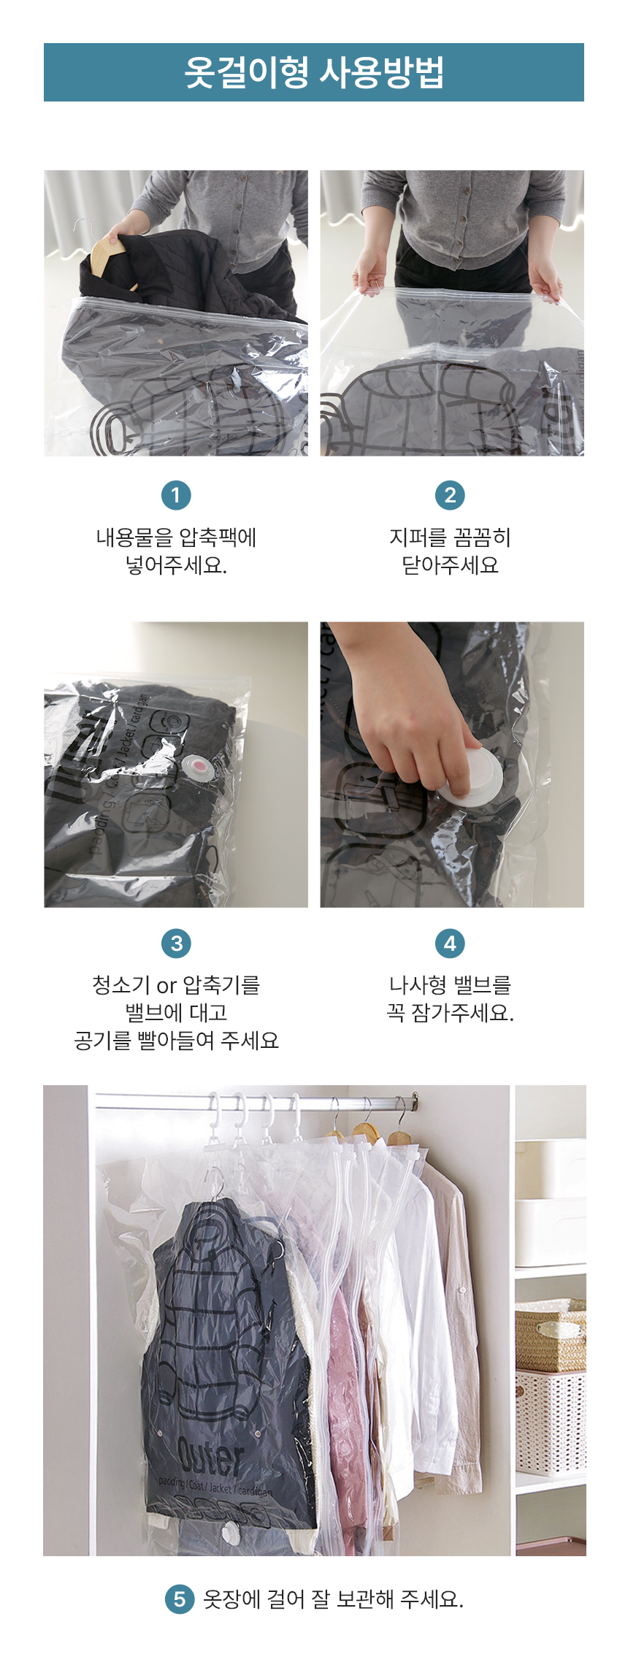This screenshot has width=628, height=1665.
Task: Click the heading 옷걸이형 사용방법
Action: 314,72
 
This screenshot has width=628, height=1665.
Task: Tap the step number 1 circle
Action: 176,495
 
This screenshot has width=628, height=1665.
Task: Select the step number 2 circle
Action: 450,495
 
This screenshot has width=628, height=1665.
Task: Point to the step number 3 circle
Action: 176,943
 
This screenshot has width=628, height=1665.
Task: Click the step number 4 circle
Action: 450,943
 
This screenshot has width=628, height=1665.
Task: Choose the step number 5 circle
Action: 180,1599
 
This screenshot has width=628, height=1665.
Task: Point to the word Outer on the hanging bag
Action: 210,1458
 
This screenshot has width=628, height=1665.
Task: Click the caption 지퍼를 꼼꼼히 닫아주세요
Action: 450,551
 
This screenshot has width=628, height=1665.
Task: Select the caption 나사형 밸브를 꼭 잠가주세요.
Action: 450,998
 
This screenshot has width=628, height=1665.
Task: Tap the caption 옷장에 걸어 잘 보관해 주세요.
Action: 333,1599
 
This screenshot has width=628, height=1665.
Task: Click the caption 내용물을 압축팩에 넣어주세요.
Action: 176,551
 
